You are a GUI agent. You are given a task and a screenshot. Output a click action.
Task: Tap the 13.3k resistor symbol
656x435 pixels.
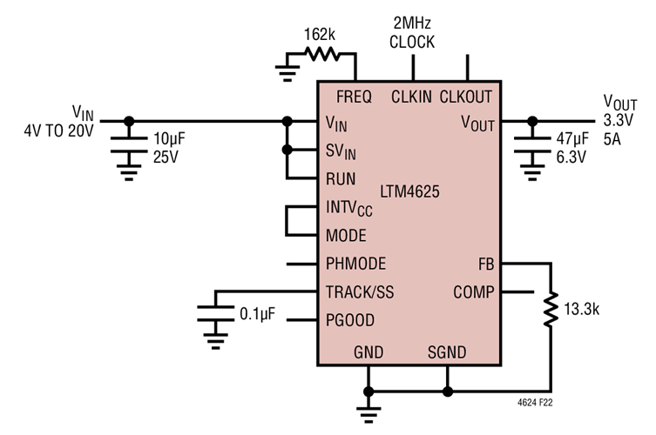550,309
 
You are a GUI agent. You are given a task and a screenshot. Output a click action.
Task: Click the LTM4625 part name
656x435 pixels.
409,189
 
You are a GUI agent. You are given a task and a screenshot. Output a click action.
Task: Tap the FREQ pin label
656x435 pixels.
354,97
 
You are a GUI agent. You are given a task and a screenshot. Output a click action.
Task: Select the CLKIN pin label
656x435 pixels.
412,97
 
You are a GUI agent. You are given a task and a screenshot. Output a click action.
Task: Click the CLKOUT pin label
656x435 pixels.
466,97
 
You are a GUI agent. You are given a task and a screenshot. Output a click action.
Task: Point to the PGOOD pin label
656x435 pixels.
350,320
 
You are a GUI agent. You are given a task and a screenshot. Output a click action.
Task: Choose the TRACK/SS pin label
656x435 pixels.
360,292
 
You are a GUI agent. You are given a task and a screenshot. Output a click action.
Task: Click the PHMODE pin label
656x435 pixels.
355,264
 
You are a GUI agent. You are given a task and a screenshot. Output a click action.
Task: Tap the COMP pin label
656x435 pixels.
474,292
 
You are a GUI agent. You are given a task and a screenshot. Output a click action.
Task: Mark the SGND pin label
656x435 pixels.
447,352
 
